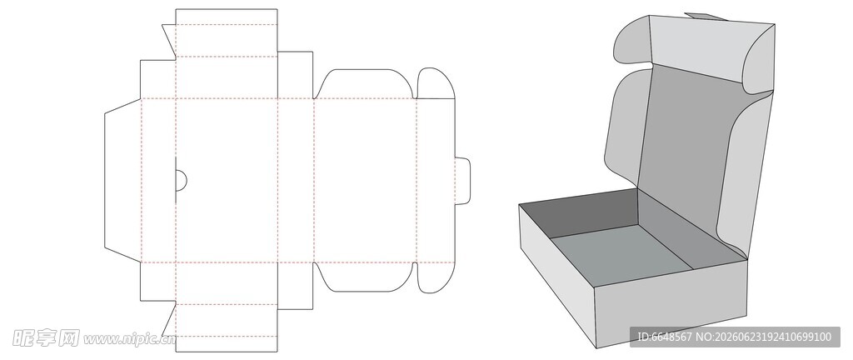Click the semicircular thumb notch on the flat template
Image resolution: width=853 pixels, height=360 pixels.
[x=181, y=180]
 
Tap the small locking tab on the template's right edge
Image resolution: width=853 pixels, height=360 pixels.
[x=463, y=181]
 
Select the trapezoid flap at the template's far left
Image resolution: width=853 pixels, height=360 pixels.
[x=123, y=180]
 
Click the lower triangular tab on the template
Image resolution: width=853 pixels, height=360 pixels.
[x=168, y=320]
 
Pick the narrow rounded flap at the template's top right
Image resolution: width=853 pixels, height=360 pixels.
[x=436, y=83]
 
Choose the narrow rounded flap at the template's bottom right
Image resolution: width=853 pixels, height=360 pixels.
[x=436, y=277]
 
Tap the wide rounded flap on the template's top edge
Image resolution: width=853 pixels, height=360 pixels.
[x=365, y=84]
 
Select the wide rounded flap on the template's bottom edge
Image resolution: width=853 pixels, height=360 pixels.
[x=365, y=277]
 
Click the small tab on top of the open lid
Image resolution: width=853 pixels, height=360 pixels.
[x=706, y=17]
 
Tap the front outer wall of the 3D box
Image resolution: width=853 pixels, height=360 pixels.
[x=671, y=303]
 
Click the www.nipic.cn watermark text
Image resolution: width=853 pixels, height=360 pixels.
[x=129, y=339]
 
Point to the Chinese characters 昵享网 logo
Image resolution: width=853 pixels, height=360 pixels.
[x=46, y=338]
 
